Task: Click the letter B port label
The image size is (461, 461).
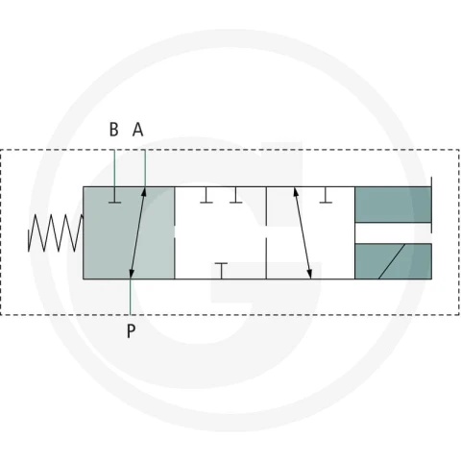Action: tap(113, 130)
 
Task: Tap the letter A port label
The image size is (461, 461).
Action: tap(138, 130)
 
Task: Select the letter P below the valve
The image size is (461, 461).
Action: tap(131, 331)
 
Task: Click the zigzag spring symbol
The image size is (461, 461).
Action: tap(56, 232)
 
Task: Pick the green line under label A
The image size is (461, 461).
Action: tap(145, 168)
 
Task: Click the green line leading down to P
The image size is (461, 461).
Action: tap(131, 297)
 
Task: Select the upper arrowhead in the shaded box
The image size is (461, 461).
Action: tap(144, 192)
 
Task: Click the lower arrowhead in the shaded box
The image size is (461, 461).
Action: tap(132, 274)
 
